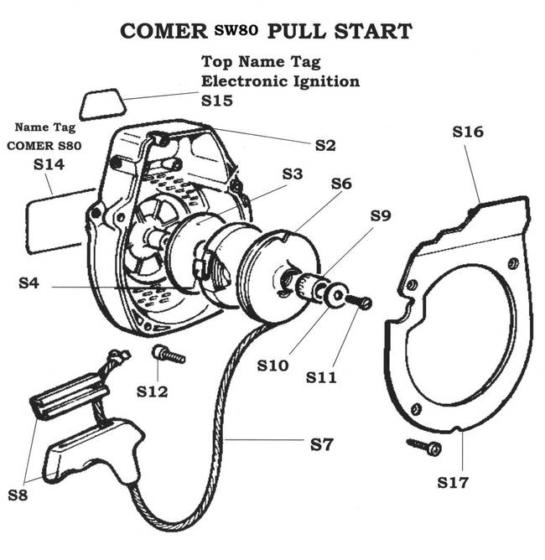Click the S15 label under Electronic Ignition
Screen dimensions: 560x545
217,100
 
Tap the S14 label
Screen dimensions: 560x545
49,165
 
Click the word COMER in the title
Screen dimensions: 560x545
163,32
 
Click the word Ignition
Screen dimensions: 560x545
322,81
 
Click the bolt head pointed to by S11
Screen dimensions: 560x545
365,303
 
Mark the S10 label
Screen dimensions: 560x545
272,366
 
